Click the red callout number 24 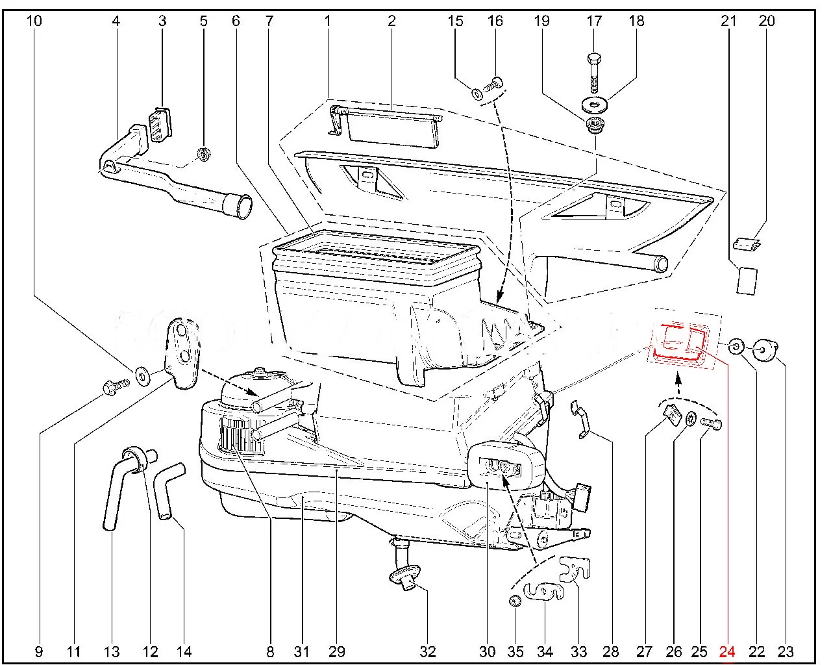click(x=727, y=651)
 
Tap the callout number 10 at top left click(x=34, y=21)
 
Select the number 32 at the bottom click(x=427, y=651)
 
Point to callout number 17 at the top click(x=595, y=21)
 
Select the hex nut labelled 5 click(x=203, y=155)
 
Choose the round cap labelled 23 click(x=769, y=351)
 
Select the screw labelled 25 click(x=712, y=423)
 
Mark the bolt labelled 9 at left click(x=114, y=388)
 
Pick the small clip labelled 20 click(x=747, y=244)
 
